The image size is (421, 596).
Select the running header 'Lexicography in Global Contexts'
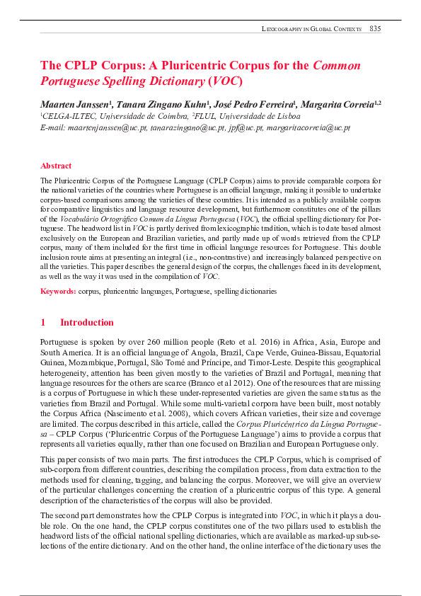[x=311, y=29]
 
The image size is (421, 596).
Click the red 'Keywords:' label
[x=58, y=291]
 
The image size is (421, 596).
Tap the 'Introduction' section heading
[x=86, y=323]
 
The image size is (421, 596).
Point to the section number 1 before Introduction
[x=43, y=323]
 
